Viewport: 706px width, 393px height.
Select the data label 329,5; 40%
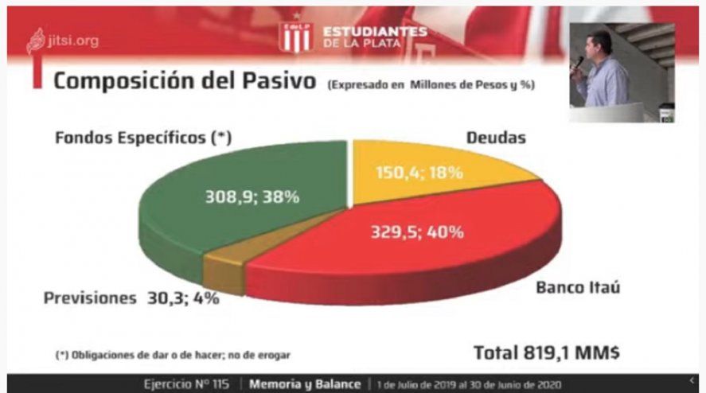pyautogui.click(x=418, y=232)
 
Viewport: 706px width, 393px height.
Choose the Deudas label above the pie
pyautogui.click(x=495, y=138)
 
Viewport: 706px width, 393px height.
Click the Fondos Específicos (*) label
pyautogui.click(x=143, y=138)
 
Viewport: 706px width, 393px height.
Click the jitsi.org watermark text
pyautogui.click(x=72, y=40)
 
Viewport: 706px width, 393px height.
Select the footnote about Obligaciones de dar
pyautogui.click(x=167, y=355)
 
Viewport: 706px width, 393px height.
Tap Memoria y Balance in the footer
pyautogui.click(x=306, y=383)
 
